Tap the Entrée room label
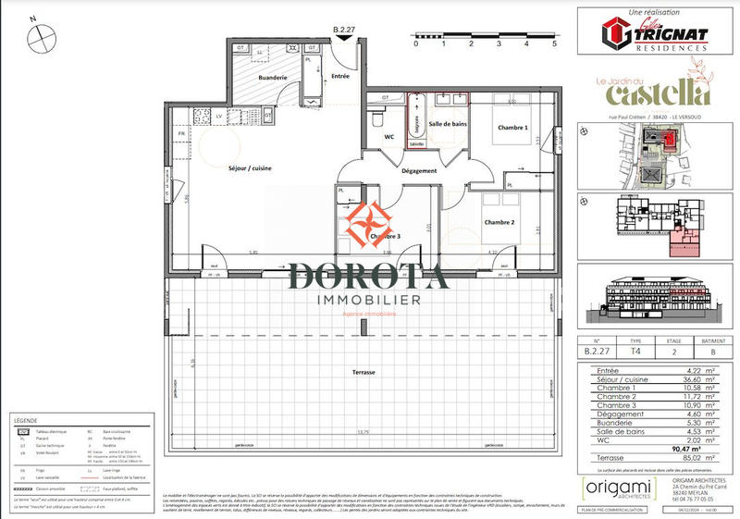339,76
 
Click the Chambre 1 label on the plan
512,128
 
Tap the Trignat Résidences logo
656,35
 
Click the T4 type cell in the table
635,352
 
